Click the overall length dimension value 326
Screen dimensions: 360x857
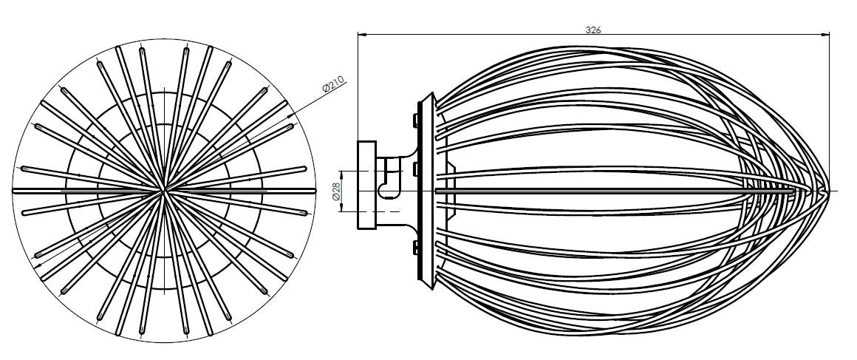tap(593, 30)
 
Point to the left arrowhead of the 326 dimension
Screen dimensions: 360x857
tap(362, 35)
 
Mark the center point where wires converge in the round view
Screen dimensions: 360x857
tap(163, 191)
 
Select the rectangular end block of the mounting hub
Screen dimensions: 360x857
tap(366, 185)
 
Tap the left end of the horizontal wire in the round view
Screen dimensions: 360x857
tap(16, 191)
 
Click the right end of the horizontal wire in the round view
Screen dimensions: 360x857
tap(310, 191)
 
